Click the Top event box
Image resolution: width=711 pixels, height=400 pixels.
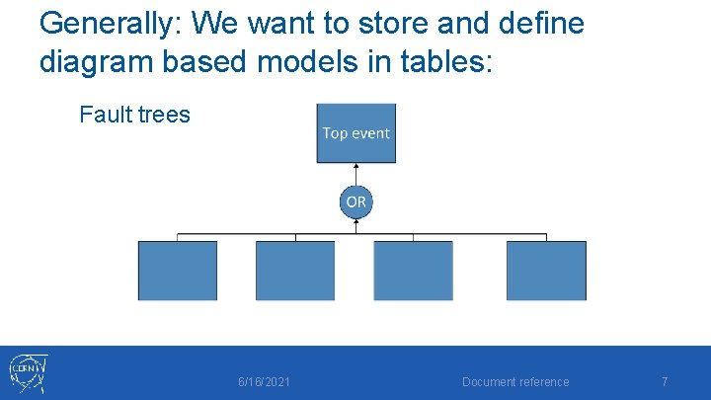coord(355,133)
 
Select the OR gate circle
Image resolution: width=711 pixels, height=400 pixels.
coord(355,201)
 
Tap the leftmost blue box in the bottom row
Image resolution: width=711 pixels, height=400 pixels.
coord(177,270)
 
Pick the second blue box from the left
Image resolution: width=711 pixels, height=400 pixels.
coord(295,270)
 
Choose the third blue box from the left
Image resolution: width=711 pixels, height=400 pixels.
coord(413,270)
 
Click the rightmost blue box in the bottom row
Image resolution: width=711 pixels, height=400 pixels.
coord(546,270)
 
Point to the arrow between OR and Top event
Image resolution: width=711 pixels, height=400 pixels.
coord(355,174)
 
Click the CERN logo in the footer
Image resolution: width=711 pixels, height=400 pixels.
coord(30,372)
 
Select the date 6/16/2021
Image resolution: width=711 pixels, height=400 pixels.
coord(265,382)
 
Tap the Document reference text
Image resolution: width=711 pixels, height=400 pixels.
coord(515,382)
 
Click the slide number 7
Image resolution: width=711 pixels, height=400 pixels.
coord(665,382)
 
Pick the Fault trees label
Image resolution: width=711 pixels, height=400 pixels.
coord(134,115)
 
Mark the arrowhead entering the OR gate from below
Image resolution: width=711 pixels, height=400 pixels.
coord(355,223)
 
